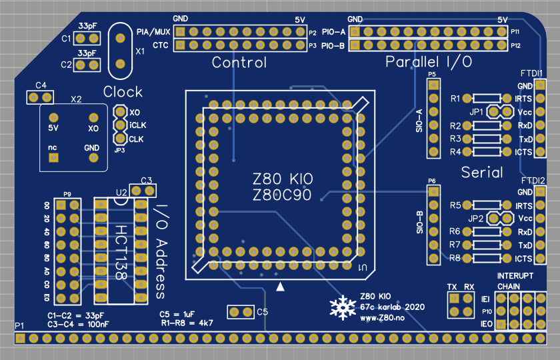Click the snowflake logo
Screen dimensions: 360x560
pos(343,307)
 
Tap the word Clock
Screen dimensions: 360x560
pos(123,92)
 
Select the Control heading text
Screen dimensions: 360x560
pos(239,63)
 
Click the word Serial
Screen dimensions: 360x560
pos(482,173)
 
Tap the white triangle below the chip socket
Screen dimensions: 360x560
pos(281,286)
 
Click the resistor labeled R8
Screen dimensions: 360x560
pos(485,258)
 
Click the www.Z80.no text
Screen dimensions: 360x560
pos(382,319)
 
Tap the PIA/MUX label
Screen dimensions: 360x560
pos(153,32)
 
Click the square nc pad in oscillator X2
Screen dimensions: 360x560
pos(53,157)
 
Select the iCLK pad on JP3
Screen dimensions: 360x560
pos(120,125)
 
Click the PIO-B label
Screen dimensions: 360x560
pos(333,46)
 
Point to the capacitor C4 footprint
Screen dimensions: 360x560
pos(40,97)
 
